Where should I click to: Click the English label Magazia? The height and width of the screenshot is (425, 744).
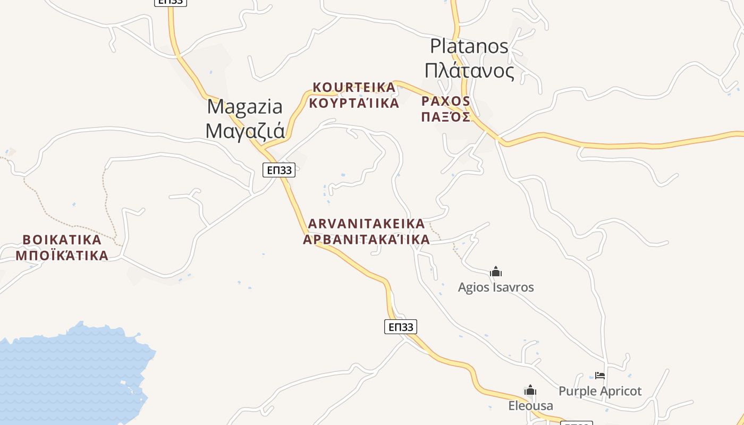coord(244,107)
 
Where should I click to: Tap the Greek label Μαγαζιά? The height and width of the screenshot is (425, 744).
coord(245,130)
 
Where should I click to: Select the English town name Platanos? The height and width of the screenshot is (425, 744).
coord(469,46)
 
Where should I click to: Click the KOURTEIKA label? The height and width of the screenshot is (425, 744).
coord(354,87)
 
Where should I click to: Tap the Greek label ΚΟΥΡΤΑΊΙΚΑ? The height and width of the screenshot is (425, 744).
coord(354,103)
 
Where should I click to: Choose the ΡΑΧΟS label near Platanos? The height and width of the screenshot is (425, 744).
coord(445,101)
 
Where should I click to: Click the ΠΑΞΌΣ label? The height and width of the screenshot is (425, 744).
coord(445,117)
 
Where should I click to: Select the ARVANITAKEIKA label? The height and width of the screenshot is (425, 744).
coord(366,224)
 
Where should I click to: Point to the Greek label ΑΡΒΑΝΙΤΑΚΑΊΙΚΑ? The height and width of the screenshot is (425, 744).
coord(366,240)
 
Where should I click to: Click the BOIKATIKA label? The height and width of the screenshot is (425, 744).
coord(62,240)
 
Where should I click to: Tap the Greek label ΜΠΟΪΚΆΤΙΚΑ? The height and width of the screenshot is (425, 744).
coord(62,256)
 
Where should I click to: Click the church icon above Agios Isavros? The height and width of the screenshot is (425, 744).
coord(496,272)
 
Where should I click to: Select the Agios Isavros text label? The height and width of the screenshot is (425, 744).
coord(496,287)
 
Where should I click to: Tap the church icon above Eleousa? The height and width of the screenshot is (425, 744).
coord(530,391)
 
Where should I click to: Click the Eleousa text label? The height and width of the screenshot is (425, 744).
coord(530,406)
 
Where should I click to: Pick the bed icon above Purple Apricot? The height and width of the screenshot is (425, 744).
coord(600,376)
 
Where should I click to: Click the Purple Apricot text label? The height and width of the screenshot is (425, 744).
coord(600,392)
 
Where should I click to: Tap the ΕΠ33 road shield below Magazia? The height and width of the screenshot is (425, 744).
coord(279,170)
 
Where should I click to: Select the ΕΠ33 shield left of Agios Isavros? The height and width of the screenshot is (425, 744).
coord(401,327)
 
